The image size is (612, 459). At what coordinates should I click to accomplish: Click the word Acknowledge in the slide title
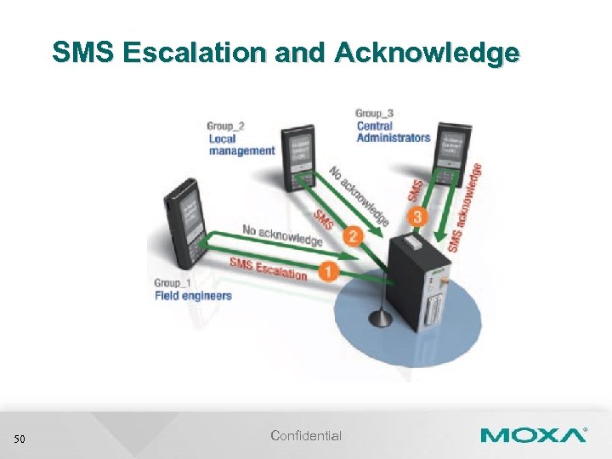pos(427,53)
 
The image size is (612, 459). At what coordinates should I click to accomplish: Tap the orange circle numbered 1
pos(326,270)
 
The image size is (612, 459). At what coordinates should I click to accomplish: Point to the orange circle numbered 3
pos(416,218)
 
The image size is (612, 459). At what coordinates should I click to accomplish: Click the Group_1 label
pos(173,282)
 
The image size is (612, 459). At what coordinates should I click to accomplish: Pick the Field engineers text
pos(193,295)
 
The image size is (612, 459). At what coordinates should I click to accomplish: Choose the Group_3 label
pos(374,113)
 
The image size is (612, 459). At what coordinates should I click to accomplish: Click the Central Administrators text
pos(393,132)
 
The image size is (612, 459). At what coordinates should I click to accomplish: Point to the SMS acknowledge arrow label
pos(466,208)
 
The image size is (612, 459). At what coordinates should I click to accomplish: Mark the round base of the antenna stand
pos(379,320)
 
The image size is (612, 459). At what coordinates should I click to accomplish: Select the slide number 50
pos(20,439)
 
